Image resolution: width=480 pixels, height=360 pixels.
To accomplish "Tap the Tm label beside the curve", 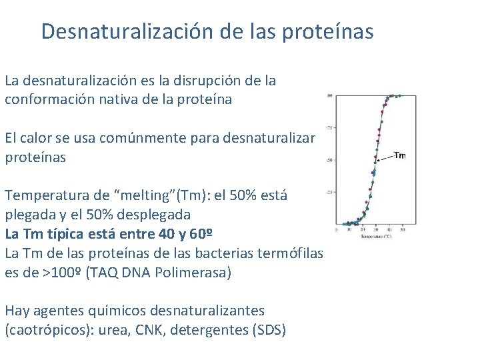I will coord(399,156).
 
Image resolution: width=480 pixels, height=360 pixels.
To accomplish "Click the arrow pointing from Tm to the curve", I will coord(385,158).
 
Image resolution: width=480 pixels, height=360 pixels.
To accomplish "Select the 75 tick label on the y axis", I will coord(329,127).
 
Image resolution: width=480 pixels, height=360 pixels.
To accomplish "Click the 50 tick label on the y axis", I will coord(329,160).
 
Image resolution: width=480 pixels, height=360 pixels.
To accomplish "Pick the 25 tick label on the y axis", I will coord(329,193).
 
